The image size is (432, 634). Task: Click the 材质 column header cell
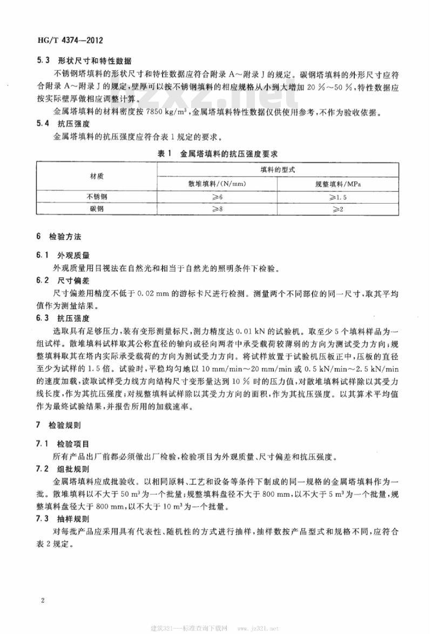[x=96, y=176]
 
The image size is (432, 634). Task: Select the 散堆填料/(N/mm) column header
[x=216, y=183]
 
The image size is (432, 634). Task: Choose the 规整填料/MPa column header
[x=338, y=183]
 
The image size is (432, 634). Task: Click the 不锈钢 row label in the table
[x=96, y=196]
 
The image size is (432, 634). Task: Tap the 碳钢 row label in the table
[x=96, y=209]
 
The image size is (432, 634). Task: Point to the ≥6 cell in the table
[x=216, y=196]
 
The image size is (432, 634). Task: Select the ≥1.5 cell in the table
[x=338, y=196]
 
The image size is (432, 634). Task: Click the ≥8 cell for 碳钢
[x=216, y=209]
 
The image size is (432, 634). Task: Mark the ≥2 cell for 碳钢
[x=338, y=209]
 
